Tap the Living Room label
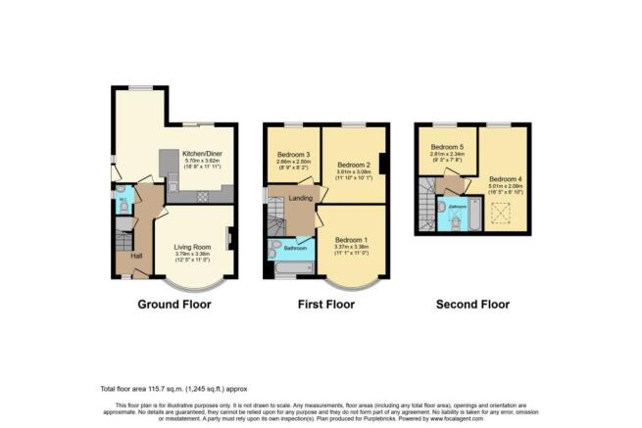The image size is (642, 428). pos(193,247)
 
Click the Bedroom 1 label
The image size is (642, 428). pos(350,240)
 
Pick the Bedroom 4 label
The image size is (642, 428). pos(505,179)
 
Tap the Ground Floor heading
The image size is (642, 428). pos(173,305)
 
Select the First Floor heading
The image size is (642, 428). pos(327,305)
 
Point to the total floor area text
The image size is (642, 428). pos(176,390)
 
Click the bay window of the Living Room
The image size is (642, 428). pos(193,284)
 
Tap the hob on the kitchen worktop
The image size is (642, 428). pos(202,196)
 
